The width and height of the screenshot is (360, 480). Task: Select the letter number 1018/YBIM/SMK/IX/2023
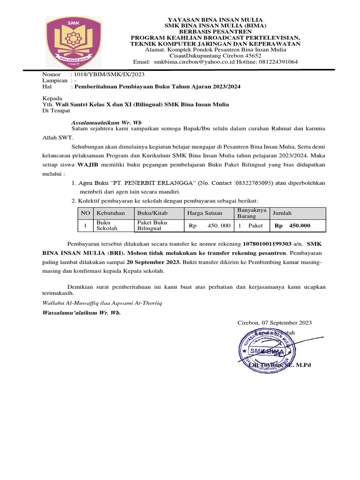(107, 75)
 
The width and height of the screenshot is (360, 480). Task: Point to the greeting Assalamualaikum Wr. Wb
(103, 122)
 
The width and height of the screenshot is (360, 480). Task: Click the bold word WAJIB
(87, 165)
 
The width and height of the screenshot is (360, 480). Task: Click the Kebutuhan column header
(111, 213)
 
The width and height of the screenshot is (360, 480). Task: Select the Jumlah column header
(282, 213)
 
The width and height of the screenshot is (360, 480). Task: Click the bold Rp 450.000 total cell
(292, 226)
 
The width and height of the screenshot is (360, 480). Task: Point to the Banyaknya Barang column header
(252, 213)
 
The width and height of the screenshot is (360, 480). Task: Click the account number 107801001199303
(267, 244)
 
